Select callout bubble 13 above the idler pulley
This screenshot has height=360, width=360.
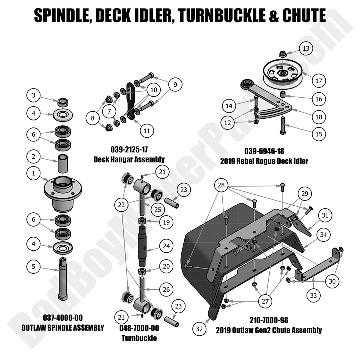click(x=306, y=48)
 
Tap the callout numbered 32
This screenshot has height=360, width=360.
click(x=199, y=329)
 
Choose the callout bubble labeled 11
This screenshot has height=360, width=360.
click(x=147, y=130)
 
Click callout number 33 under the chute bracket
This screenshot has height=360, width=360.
click(x=313, y=295)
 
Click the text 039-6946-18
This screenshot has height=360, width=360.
click(x=264, y=151)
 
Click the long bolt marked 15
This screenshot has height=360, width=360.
click(x=283, y=125)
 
